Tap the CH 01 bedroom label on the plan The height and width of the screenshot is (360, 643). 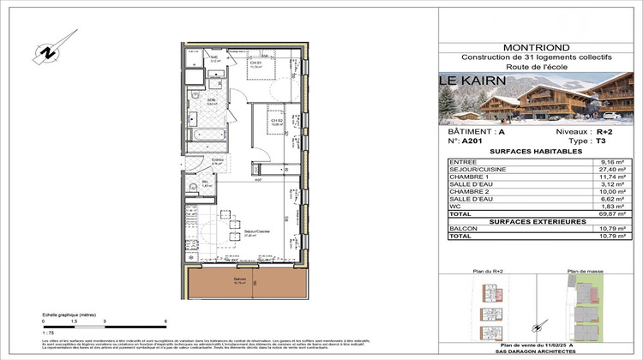(x=255, y=63)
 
